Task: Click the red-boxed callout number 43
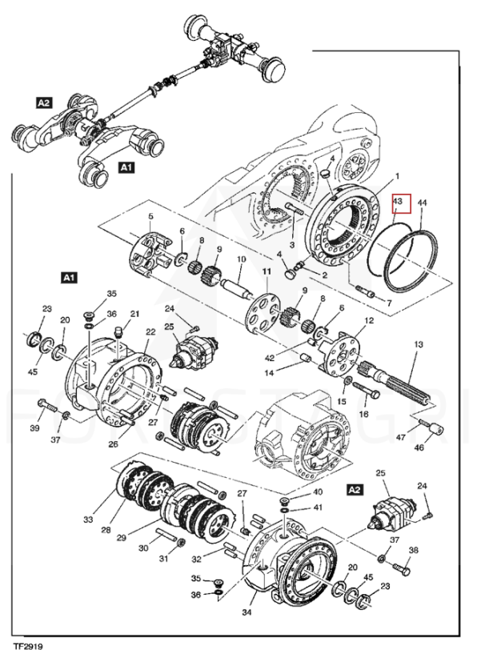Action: pos(397,202)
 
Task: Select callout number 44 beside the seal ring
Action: pos(422,203)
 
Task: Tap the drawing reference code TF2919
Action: pos(27,645)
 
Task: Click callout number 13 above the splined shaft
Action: pos(419,344)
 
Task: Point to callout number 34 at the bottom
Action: pos(247,612)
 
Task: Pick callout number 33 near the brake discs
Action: pos(88,519)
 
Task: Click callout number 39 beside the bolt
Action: pos(34,427)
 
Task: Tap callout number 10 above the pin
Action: pos(241,259)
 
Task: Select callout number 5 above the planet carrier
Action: pos(150,216)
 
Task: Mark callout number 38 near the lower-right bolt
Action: pos(413,550)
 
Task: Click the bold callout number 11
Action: pos(267,271)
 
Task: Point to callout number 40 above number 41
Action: pos(318,492)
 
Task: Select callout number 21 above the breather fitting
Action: pos(134,314)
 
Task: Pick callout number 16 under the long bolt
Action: pos(363,414)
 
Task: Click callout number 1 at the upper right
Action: pos(397,177)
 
